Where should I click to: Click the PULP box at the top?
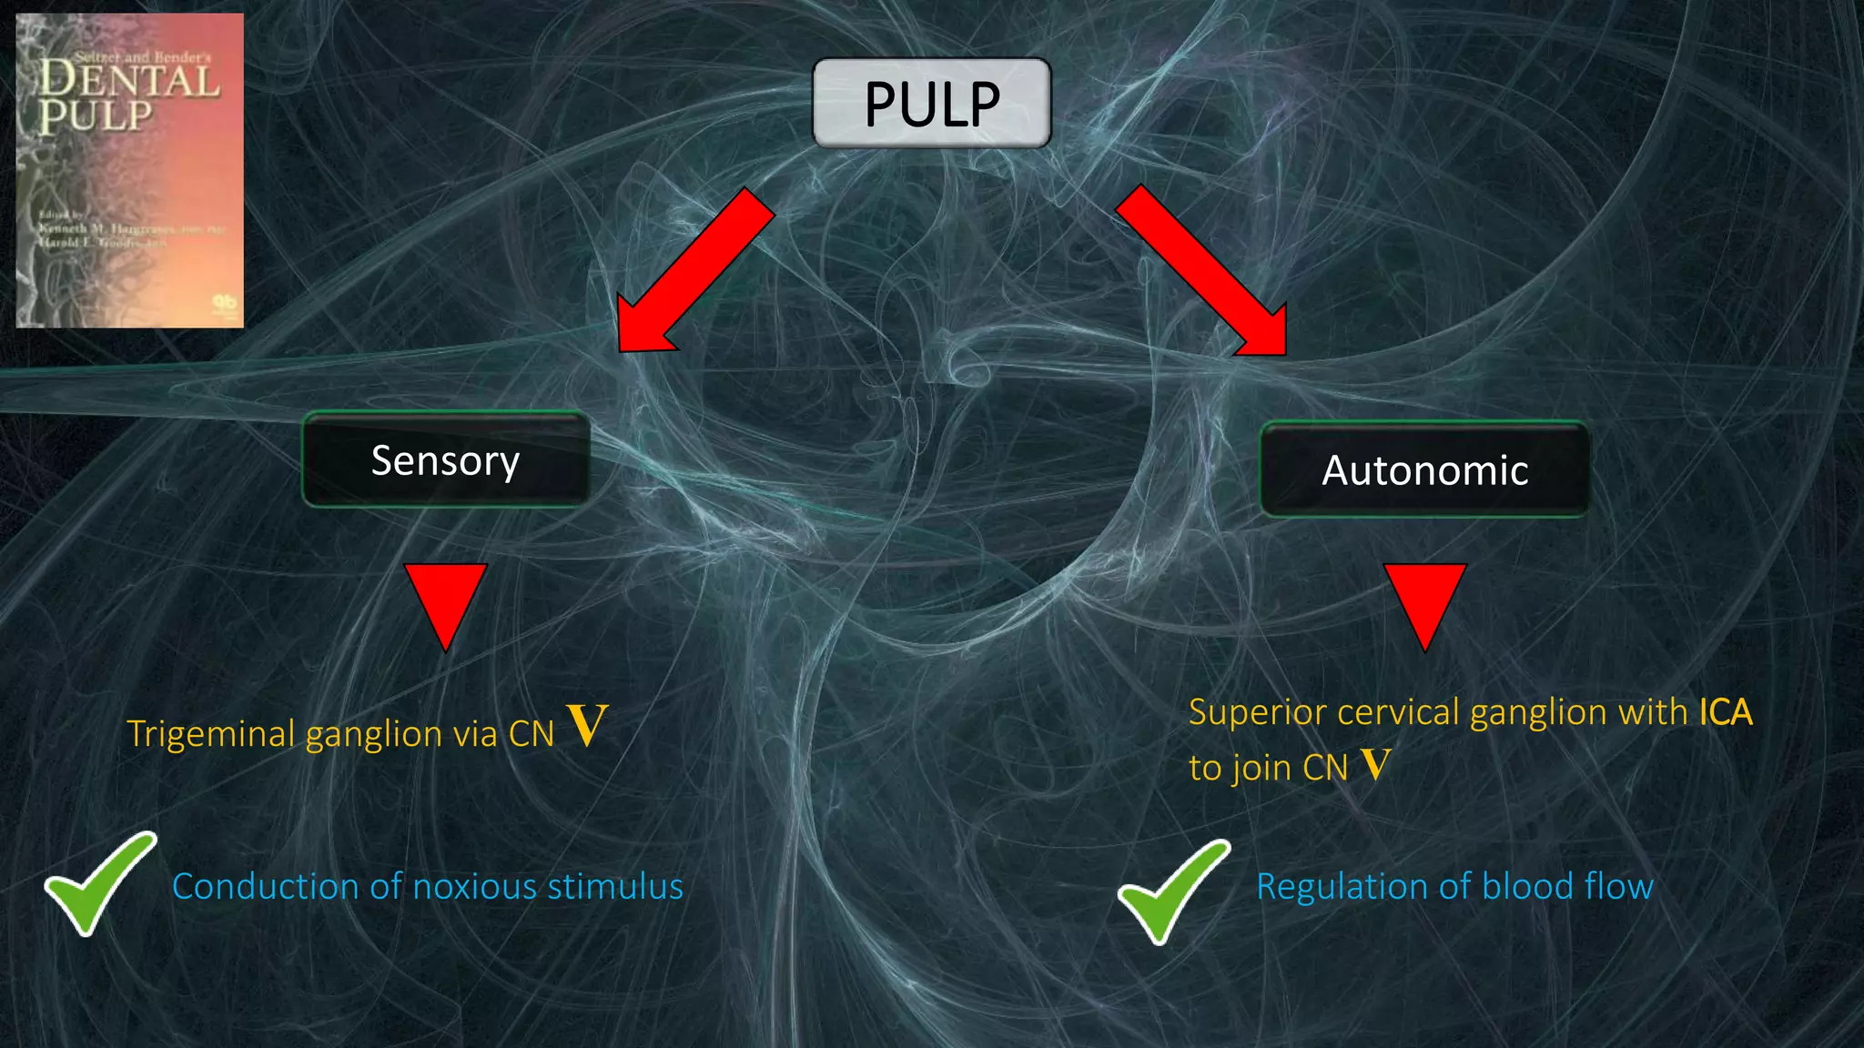[931, 103]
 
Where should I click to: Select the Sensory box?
[445, 460]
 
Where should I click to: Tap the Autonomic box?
[1424, 470]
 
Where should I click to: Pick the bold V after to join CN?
[1376, 764]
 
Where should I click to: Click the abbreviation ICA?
[1725, 712]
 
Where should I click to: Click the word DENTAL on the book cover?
[129, 80]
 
